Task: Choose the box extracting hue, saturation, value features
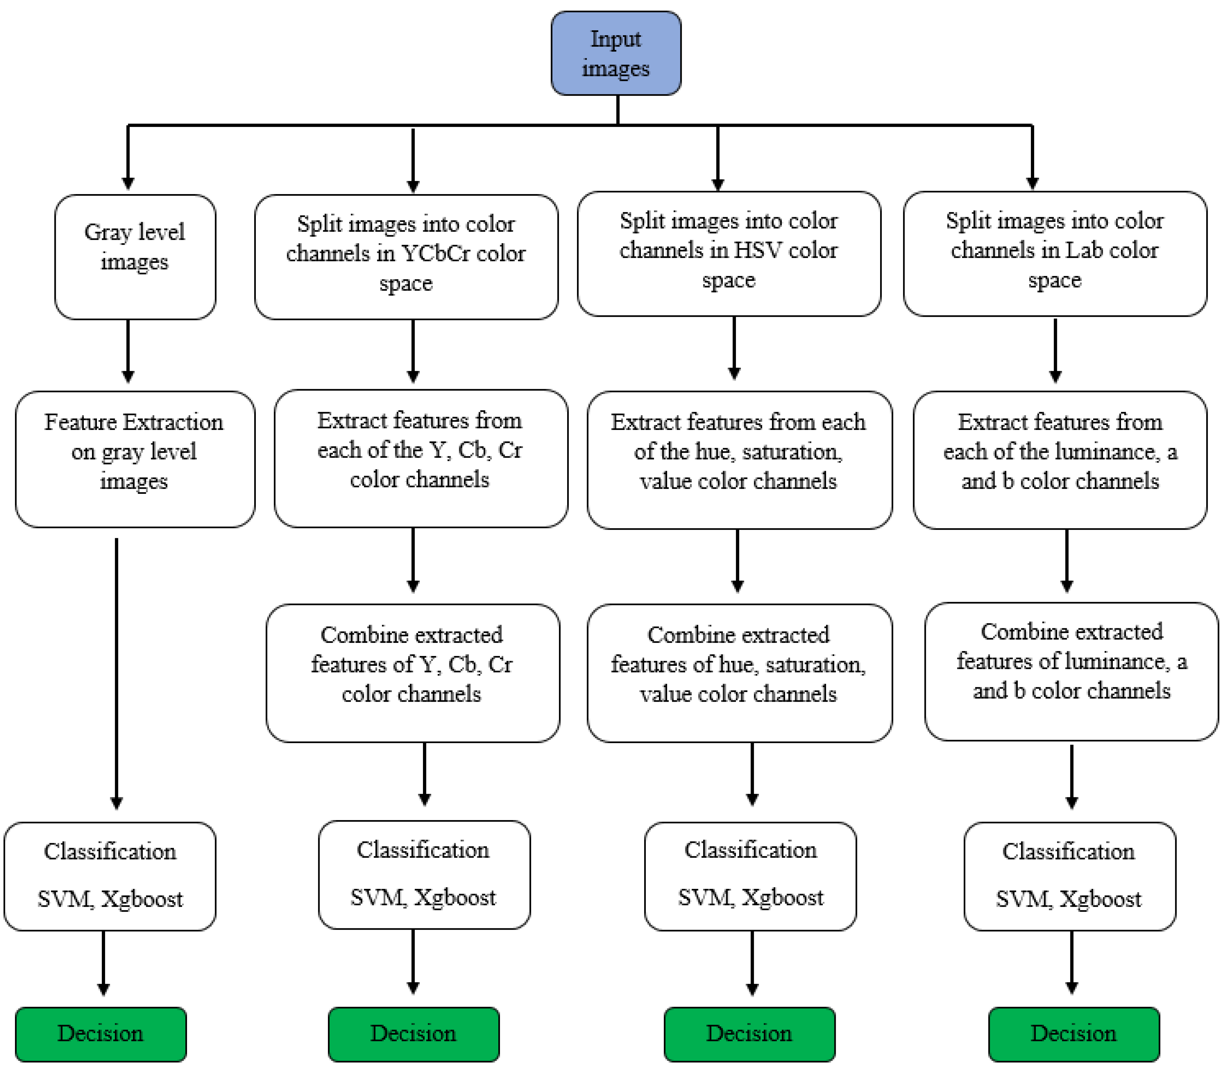pos(739,460)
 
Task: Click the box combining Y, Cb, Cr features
pos(412,673)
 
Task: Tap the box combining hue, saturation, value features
pos(739,673)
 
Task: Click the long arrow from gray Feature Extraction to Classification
pos(117,667)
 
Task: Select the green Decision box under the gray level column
pos(101,1034)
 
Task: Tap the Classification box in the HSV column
pos(750,876)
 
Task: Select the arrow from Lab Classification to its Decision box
pos(1071,962)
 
